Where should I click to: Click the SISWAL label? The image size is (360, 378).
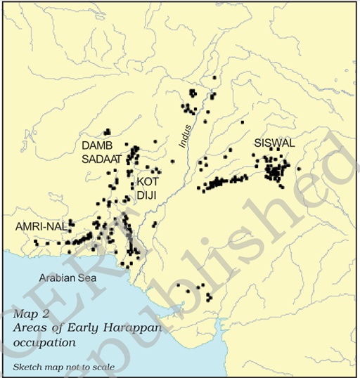[x=275, y=143]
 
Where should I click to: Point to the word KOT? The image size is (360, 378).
[x=148, y=181]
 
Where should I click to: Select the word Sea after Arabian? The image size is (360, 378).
[x=89, y=278]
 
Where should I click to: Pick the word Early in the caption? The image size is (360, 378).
[x=67, y=329]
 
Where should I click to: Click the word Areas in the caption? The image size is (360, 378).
[x=29, y=329]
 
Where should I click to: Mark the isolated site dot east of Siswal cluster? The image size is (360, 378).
[x=299, y=169]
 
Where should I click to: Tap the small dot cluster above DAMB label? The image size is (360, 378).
[x=107, y=131]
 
